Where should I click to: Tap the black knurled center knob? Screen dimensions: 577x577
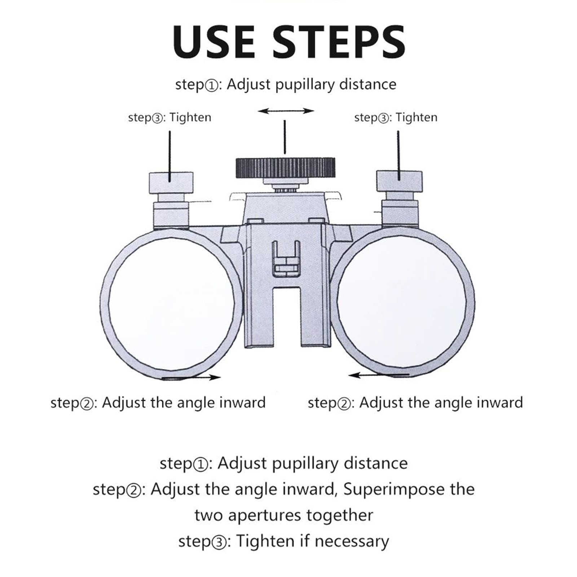point(285,168)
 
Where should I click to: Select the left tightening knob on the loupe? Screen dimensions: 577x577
point(171,183)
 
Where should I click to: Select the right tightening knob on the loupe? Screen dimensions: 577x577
point(399,181)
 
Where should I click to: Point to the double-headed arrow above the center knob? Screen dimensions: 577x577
point(286,111)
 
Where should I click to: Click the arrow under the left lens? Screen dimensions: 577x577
point(191,377)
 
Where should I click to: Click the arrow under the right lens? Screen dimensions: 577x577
point(379,375)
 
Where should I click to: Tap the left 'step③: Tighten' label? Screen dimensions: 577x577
point(169,118)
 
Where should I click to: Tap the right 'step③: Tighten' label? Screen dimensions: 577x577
point(396,118)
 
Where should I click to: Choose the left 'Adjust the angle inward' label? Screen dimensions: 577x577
point(184,402)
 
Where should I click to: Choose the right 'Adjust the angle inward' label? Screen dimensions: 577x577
point(441,402)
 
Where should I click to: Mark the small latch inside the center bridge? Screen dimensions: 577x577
point(286,259)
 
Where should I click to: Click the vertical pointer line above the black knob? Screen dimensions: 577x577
point(285,137)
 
